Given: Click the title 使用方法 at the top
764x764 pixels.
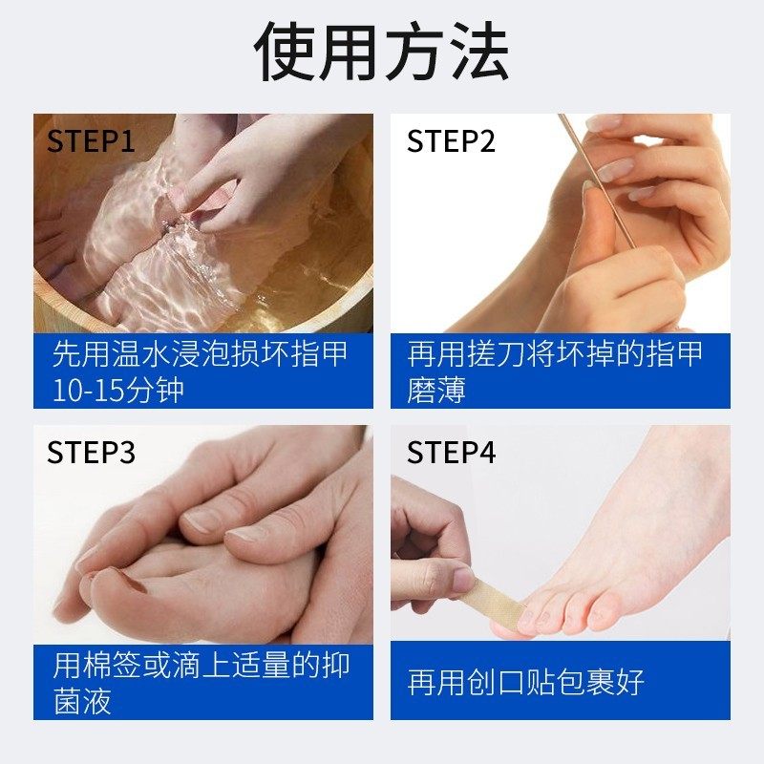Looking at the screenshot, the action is (x=381, y=52).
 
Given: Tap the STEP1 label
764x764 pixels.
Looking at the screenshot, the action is (x=91, y=140).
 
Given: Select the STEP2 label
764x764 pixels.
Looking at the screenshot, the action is (x=451, y=140).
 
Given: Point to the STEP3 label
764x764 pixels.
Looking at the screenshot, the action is (x=91, y=452).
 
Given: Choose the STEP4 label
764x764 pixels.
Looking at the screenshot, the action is (x=451, y=452).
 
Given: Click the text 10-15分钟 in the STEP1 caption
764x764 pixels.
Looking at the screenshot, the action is (x=117, y=390).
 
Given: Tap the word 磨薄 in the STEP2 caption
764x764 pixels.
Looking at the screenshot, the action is (x=436, y=390).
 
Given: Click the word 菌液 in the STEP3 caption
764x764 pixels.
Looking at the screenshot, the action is (x=82, y=701).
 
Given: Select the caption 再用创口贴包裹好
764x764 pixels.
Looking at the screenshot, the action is (x=526, y=682).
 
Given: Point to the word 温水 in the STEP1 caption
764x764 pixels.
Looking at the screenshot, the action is (x=141, y=353).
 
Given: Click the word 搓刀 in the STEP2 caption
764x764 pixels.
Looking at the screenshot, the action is (x=496, y=353).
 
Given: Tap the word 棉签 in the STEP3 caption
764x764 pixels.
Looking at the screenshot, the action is (x=112, y=665).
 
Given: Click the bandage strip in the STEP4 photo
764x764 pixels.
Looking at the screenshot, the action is (x=496, y=601).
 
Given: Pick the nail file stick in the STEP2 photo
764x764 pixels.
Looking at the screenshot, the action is (x=598, y=180).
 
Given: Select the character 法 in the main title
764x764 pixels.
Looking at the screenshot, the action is (x=479, y=52).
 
